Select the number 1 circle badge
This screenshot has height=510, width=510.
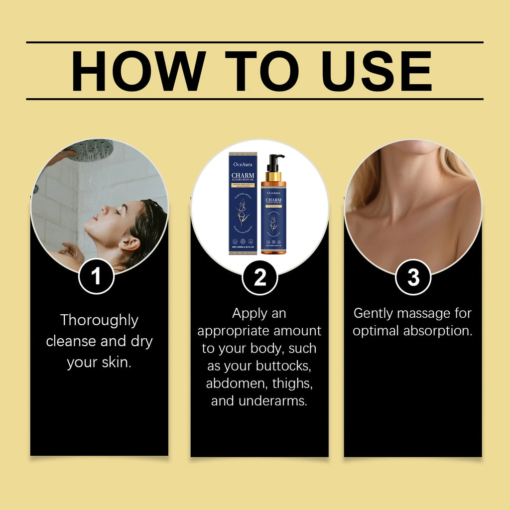point(97,277)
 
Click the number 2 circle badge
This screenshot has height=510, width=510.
point(260,277)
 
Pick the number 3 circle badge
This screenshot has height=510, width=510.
point(413,277)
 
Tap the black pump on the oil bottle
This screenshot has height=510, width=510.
point(274,162)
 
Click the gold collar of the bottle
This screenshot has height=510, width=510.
point(273,177)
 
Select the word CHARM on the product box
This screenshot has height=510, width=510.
point(243,175)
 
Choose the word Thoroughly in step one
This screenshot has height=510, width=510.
point(99,320)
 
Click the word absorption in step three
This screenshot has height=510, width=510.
point(437,331)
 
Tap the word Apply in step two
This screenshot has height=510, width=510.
point(250,314)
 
